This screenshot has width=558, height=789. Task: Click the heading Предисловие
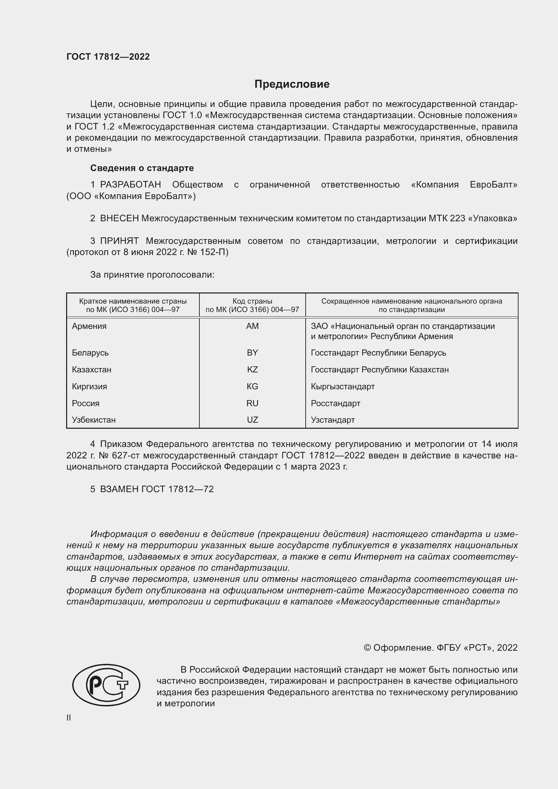pos(292,84)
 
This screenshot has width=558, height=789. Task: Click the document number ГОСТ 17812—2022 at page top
pos(108,57)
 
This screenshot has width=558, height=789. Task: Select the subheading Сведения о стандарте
pos(142,168)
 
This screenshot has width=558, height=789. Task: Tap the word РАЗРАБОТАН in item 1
pos(131,185)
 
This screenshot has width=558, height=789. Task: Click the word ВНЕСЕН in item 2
pos(119,219)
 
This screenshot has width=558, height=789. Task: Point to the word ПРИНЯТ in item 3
pos(119,241)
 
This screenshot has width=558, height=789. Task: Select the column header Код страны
pos(252,301)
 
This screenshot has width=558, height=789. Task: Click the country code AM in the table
pos(252,326)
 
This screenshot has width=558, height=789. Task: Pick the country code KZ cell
pos(252,370)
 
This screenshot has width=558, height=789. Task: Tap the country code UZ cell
pos(252,420)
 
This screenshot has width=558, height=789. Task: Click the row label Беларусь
pos(90,353)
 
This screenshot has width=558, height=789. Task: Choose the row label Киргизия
pos(89,387)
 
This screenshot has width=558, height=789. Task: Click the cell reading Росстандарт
pos(335,403)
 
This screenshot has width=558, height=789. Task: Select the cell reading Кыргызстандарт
pos(342,387)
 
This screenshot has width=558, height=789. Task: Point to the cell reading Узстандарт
pos(333,420)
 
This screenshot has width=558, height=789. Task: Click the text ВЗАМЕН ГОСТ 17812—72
pos(157,489)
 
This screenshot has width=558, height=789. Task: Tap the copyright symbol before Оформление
pos(367,648)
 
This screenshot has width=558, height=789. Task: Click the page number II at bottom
pos(69,717)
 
